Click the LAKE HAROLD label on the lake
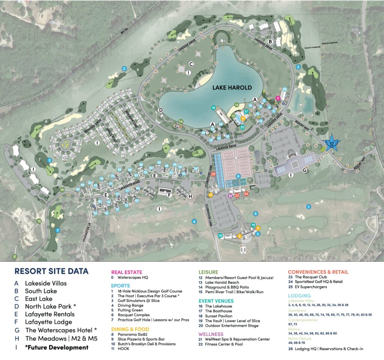pyautogui.click(x=232, y=88)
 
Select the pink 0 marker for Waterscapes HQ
pyautogui.click(x=278, y=98)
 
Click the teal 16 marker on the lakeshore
pyautogui.click(x=213, y=108)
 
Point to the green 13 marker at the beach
pyautogui.click(x=237, y=105)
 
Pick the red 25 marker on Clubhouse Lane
pyautogui.click(x=213, y=174)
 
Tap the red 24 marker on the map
pyautogui.click(x=246, y=193)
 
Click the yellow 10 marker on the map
pyautogui.click(x=210, y=195)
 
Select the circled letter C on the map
pyautogui.click(x=191, y=64)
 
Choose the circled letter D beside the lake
pyautogui.click(x=160, y=110)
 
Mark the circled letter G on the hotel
pyautogui.click(x=304, y=171)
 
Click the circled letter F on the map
pyautogui.click(x=169, y=195)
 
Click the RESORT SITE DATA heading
pyautogui.click(x=51, y=271)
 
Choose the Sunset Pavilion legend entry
pyautogui.click(x=219, y=316)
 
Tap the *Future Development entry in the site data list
pyautogui.click(x=57, y=347)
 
